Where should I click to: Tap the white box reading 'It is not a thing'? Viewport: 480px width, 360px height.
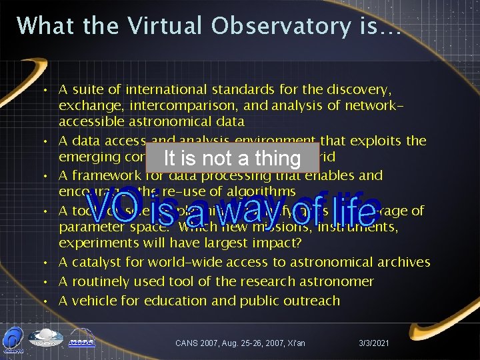[x=233, y=158]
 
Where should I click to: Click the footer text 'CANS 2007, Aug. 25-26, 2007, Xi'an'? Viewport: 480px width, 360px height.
[x=240, y=343]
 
